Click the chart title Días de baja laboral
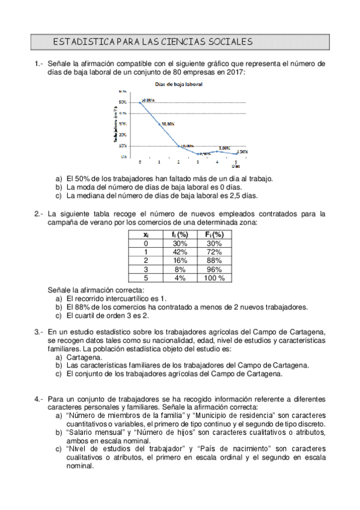[x=178, y=84]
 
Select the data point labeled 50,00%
[x=140, y=102]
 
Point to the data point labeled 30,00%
[x=159, y=124]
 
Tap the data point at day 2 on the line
[x=178, y=146]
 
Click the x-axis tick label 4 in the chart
[x=217, y=162]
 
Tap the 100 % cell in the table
[x=215, y=278]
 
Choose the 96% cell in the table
[x=215, y=269]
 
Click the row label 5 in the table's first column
[x=146, y=278]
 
